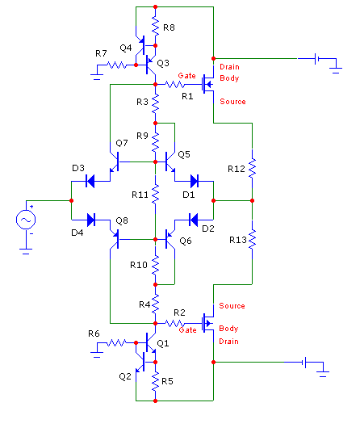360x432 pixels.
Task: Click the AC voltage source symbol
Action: [x=26, y=220]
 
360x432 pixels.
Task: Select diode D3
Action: [x=90, y=181]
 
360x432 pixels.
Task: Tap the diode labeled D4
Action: [x=91, y=220]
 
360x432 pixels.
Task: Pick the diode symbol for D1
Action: [x=195, y=181]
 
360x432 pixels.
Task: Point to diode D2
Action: [x=194, y=220]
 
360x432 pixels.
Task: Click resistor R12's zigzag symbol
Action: [x=252, y=168]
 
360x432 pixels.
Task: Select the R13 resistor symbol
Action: [x=252, y=240]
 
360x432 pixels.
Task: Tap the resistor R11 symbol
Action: [x=155, y=194]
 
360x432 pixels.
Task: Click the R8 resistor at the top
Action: [x=155, y=26]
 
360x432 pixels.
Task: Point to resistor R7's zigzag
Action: [x=117, y=65]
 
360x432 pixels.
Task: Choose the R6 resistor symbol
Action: [x=117, y=342]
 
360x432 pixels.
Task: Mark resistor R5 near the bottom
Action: [x=155, y=381]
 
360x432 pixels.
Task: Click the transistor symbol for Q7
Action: [x=115, y=161]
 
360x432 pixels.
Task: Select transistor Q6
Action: [x=170, y=239]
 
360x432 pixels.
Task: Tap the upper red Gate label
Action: [x=186, y=75]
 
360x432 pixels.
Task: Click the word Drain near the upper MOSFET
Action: [x=229, y=67]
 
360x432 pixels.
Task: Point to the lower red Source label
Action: [x=232, y=305]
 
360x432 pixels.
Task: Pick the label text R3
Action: [x=142, y=102]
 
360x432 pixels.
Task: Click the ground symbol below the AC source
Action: [x=26, y=251]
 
